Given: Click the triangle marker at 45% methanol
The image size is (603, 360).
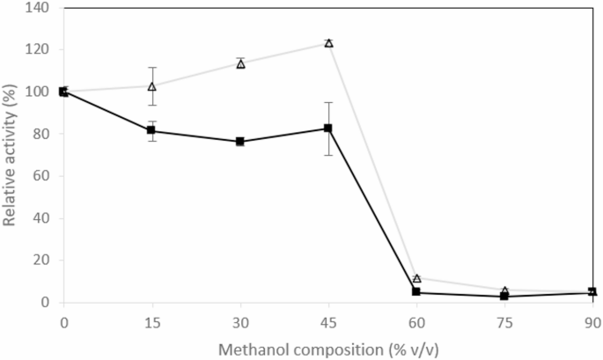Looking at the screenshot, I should tap(328, 43).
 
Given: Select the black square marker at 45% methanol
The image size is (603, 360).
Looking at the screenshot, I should tap(328, 129).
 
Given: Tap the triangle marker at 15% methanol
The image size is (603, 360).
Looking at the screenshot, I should tap(151, 86).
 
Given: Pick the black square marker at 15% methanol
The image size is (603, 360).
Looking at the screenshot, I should tap(151, 130).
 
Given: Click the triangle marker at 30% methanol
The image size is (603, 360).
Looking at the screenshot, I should tap(240, 64).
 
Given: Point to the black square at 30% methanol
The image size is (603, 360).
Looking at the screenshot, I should tap(240, 142).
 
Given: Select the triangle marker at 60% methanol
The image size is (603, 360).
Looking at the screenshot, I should tap(416, 278).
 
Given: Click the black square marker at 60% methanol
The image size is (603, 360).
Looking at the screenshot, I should tap(416, 292).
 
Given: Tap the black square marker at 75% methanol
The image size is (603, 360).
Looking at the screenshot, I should tap(504, 297).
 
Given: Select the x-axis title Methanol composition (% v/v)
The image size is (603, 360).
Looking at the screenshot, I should tap(327, 348).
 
